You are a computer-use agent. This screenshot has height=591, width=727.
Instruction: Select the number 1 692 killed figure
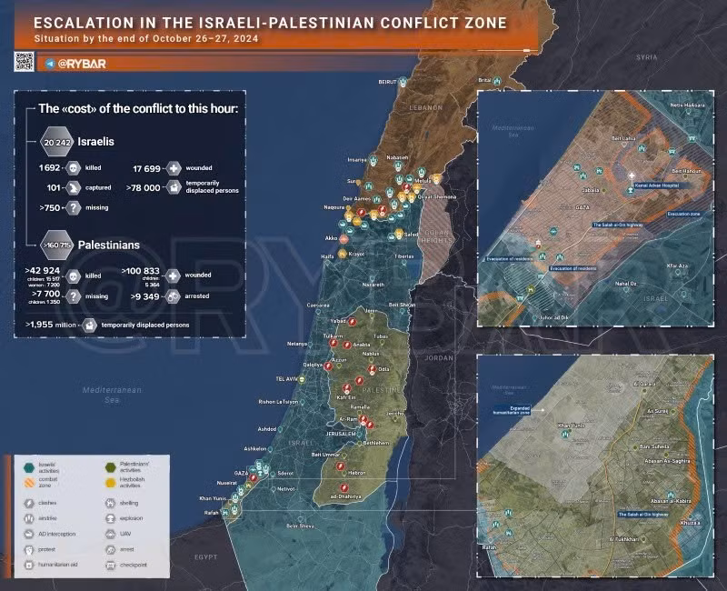pos(48,168)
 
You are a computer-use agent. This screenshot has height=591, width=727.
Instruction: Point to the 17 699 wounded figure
pos(148,168)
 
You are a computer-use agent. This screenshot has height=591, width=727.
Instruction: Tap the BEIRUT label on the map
pos(388,82)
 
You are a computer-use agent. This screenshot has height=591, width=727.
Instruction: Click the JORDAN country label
pos(438,357)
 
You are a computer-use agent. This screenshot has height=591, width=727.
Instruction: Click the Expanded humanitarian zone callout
pos(517,409)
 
